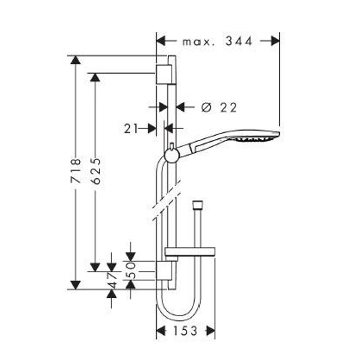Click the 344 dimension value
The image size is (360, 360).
[x=239, y=41]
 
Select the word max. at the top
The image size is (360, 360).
[x=199, y=42]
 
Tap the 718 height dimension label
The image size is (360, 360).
[x=76, y=170]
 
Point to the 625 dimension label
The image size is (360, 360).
[x=95, y=171]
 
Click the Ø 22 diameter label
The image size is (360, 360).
[x=219, y=107]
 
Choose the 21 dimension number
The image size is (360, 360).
[x=131, y=129]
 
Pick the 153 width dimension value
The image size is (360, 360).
[x=185, y=331]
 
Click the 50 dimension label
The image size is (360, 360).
[x=131, y=271]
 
